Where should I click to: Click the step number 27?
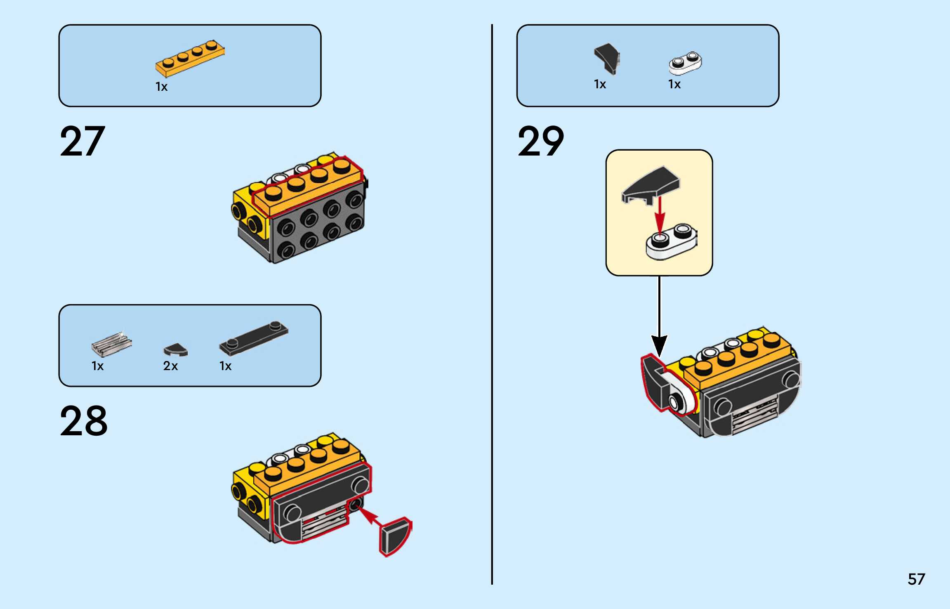pyautogui.click(x=83, y=141)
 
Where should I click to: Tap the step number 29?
pyautogui.click(x=541, y=141)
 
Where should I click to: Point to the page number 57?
pyautogui.click(x=916, y=579)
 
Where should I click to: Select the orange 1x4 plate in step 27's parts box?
pyautogui.click(x=190, y=59)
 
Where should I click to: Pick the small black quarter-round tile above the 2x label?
pyautogui.click(x=176, y=350)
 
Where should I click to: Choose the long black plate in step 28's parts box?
pyautogui.click(x=253, y=338)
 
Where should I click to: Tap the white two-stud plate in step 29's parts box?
pyautogui.click(x=685, y=63)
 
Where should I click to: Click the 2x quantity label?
pyautogui.click(x=170, y=366)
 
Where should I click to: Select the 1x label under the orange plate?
pyautogui.click(x=161, y=87)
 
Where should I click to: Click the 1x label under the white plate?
pyautogui.click(x=674, y=84)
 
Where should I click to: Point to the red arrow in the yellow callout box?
pyautogui.click(x=660, y=215)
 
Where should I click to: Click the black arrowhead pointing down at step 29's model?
pyautogui.click(x=659, y=345)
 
